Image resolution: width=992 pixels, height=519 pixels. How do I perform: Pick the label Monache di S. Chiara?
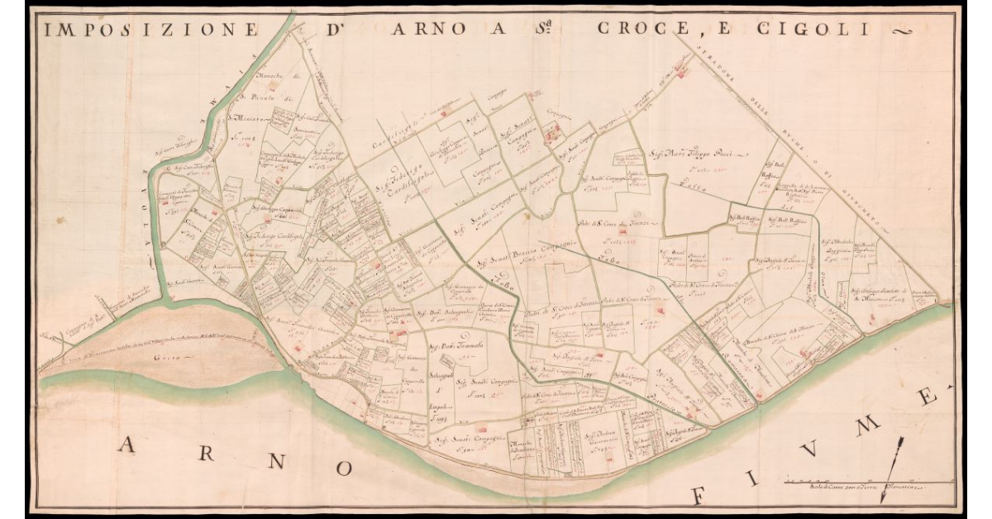[x=794, y=334]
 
